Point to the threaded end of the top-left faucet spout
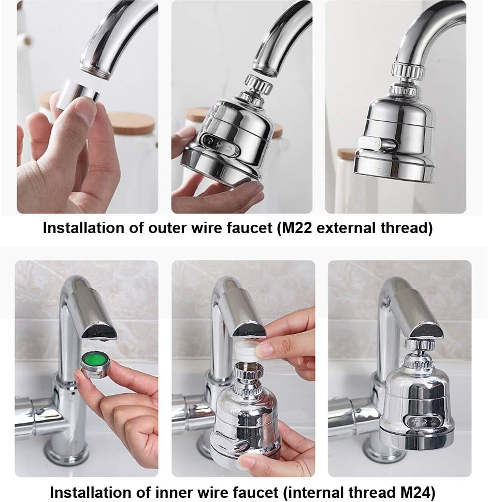96,69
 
